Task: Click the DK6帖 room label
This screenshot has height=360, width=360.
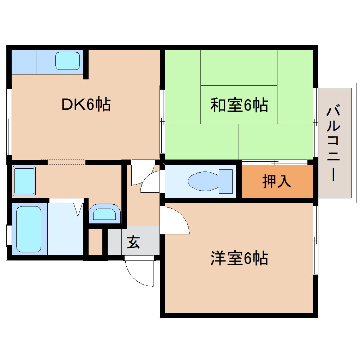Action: [86, 104]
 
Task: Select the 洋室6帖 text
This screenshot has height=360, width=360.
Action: [239, 259]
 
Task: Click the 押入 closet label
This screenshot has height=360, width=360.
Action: [276, 181]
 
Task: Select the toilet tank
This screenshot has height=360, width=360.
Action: [226, 181]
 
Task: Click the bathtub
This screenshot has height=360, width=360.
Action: [29, 229]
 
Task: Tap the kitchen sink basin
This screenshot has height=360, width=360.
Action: [68, 61]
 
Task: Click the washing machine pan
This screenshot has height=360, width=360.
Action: [24, 180]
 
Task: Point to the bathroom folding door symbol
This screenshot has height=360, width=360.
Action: [78, 209]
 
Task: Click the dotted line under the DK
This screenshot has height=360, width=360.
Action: [66, 162]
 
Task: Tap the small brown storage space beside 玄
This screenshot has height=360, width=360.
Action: [95, 242]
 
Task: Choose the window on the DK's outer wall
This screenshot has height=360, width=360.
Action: [10, 122]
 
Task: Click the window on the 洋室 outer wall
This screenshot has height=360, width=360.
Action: [316, 240]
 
